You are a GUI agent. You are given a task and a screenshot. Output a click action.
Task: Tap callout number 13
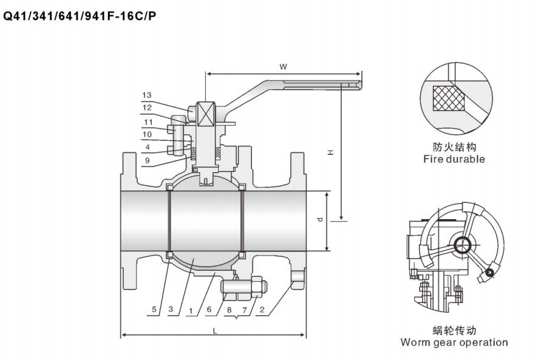coord(147,95)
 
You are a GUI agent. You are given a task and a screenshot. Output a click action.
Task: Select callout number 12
coord(147,107)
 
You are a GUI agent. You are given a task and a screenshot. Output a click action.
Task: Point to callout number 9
coord(147,161)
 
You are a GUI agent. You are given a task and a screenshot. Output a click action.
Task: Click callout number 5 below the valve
coord(154,310)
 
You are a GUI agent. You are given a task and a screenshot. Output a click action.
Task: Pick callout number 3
coord(171,310)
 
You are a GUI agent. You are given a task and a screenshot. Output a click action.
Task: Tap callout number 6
coord(209,310)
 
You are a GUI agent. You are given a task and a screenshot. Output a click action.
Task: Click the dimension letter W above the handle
coord(283,66)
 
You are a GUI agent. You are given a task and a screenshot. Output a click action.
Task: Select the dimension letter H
coord(330,152)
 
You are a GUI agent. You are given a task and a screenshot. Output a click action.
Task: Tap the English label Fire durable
coord(454,159)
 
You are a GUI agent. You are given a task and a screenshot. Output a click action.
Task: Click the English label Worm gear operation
coord(454,342)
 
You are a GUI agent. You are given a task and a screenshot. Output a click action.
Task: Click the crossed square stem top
coord(206,114)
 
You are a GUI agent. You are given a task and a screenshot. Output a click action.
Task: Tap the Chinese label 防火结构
coord(454,147)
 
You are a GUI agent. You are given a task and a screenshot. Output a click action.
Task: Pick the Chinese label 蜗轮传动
coord(454,330)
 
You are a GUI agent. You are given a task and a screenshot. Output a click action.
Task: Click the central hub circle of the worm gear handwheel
coord(464,245)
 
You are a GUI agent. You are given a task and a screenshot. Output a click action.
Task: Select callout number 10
coord(147,134)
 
